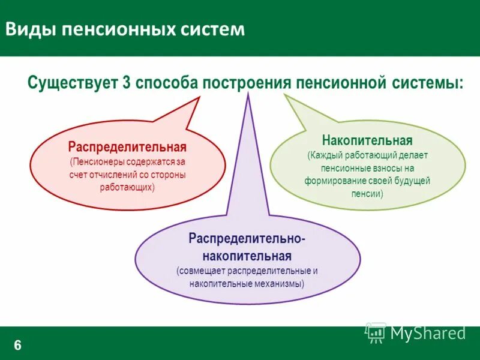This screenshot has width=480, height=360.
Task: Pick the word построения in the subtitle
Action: (246, 82)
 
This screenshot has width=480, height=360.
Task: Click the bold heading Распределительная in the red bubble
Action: (127, 147)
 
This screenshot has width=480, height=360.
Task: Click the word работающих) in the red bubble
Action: (127, 187)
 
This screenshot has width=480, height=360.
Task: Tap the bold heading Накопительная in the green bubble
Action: (367, 141)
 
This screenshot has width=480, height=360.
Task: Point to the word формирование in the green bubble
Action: (331, 181)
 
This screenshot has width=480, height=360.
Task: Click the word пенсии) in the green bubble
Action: (367, 194)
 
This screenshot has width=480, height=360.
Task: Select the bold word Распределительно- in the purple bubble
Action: (247, 239)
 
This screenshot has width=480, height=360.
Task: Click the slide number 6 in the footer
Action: (17, 344)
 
